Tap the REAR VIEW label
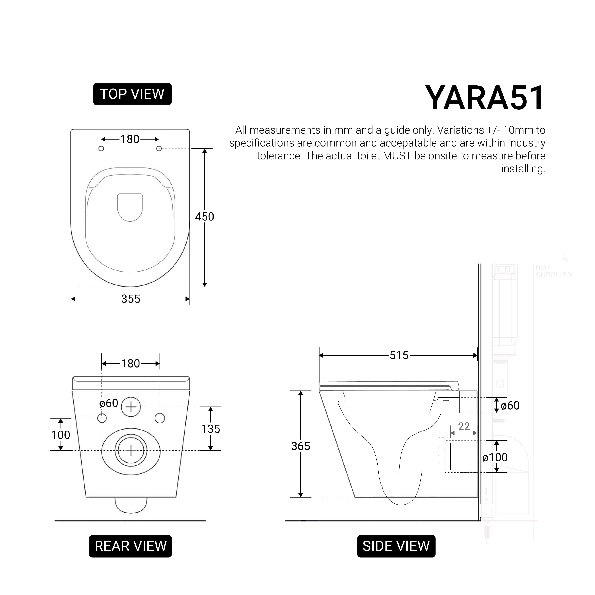[x=130, y=546]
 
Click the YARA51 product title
[x=484, y=98]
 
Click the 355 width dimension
[x=130, y=299]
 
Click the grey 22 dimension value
[x=464, y=426]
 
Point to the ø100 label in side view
[x=495, y=457]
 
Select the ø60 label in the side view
[x=510, y=406]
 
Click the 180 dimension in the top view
[x=130, y=139]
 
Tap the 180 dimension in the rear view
[x=130, y=364]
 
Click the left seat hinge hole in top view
[x=101, y=149]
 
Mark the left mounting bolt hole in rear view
[x=102, y=418]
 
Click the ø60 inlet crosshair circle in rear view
[x=131, y=407]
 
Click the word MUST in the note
[x=397, y=156]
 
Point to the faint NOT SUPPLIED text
[x=553, y=271]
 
